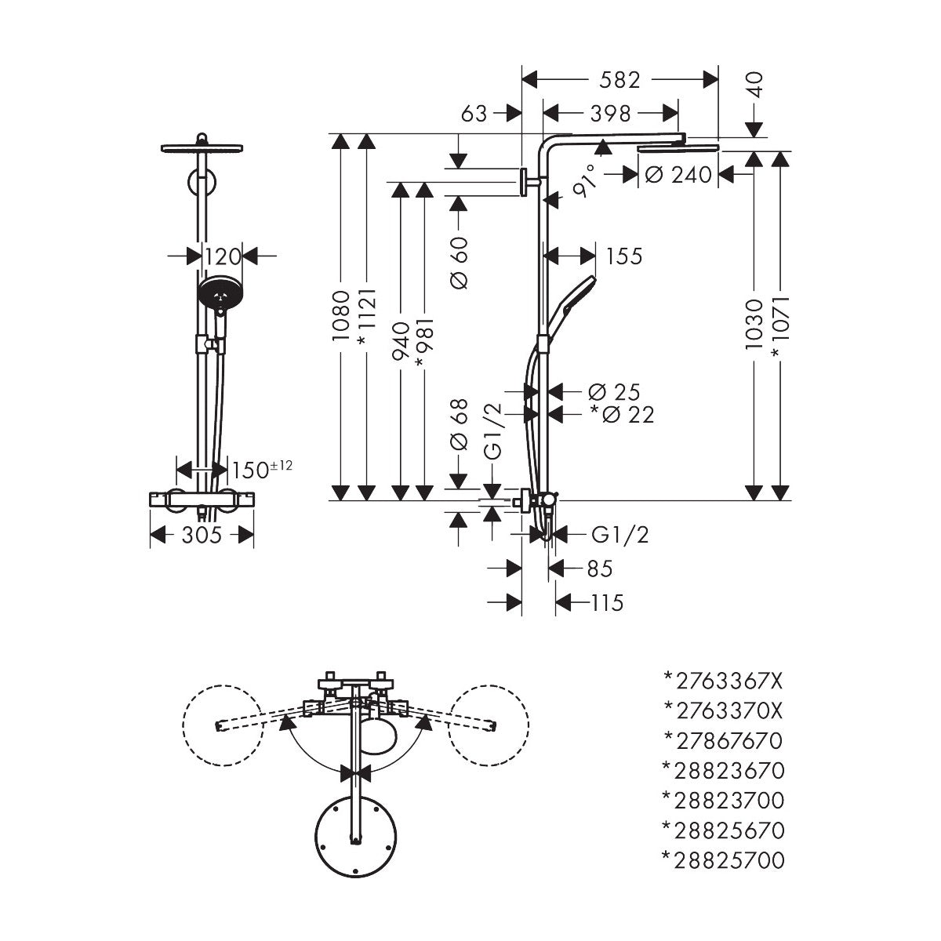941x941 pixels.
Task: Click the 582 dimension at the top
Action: tap(619, 80)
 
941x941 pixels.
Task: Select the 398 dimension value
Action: tap(611, 114)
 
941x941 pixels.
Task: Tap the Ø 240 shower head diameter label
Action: tap(679, 175)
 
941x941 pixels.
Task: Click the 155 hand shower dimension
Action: tap(623, 256)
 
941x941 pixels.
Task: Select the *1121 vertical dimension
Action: tap(366, 316)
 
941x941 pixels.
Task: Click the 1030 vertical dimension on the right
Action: tap(754, 323)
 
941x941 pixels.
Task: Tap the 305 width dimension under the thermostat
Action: tap(201, 535)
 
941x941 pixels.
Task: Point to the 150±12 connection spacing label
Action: tap(262, 470)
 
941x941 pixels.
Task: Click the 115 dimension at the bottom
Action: tap(607, 602)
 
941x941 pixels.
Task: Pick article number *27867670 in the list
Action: tap(722, 739)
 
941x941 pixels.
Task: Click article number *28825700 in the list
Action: tap(722, 860)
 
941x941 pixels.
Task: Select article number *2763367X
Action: tap(722, 679)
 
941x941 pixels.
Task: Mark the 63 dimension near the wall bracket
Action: tap(474, 114)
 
